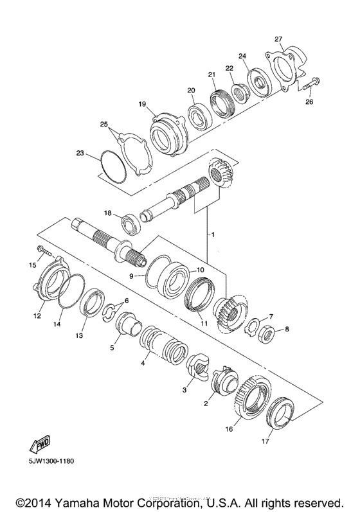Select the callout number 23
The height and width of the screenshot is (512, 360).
pyautogui.click(x=80, y=154)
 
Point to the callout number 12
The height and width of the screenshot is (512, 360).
pyautogui.click(x=37, y=316)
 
